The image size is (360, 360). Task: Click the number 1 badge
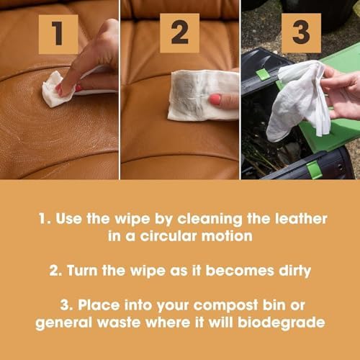pyautogui.click(x=58, y=33)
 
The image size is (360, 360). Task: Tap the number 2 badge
pyautogui.click(x=179, y=33)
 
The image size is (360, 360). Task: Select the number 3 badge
pyautogui.click(x=300, y=33)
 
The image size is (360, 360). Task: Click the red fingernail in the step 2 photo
pyautogui.click(x=215, y=99)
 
